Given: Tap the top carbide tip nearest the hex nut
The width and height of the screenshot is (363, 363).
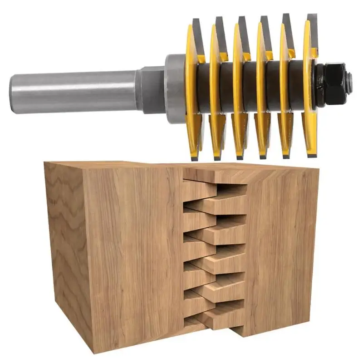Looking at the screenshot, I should pos(312,23).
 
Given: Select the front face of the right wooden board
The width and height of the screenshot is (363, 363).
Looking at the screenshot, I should pos(281,254).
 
